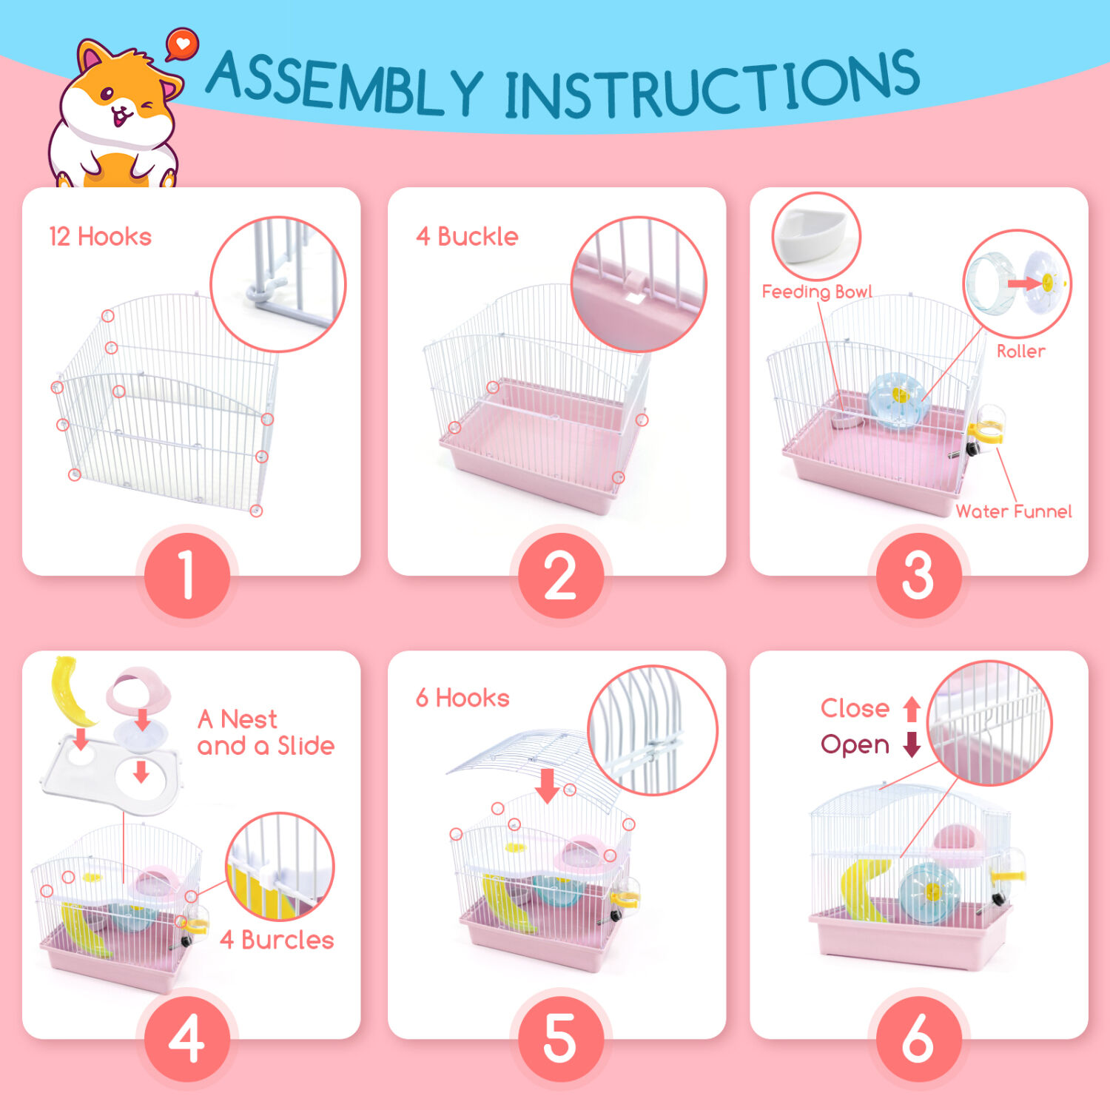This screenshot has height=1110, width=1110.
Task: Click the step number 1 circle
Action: tap(187, 575)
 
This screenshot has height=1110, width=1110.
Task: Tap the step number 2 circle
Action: tap(560, 575)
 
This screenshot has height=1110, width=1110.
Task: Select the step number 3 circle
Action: tap(918, 575)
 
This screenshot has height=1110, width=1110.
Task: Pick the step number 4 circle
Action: tap(187, 1038)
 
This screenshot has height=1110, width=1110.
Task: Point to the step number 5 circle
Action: tap(560, 1038)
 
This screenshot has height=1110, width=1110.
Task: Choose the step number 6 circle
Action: tap(918, 1038)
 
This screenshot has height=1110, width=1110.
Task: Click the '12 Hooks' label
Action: tap(100, 237)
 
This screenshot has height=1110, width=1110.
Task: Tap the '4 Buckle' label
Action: tap(467, 237)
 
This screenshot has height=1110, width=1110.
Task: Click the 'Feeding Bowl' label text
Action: tap(817, 292)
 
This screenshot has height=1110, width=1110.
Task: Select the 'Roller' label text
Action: tap(1021, 351)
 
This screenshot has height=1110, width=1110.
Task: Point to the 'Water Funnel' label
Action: tap(1014, 511)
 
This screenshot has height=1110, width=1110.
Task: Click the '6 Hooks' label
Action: tap(462, 698)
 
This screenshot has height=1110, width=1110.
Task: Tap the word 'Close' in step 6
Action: tap(855, 708)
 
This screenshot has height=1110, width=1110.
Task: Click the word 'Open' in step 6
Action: tap(855, 745)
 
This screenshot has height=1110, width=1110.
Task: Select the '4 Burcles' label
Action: tap(277, 940)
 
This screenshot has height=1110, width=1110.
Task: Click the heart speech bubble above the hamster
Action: tap(182, 44)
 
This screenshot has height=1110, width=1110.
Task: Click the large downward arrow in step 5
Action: tap(548, 785)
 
